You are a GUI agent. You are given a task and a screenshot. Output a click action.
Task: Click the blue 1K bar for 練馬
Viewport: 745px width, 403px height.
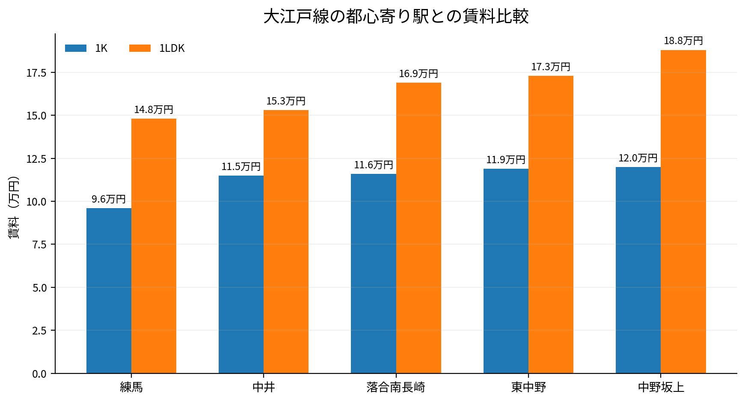pos(109,291)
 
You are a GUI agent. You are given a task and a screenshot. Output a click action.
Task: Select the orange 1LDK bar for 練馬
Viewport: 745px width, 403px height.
pos(154,246)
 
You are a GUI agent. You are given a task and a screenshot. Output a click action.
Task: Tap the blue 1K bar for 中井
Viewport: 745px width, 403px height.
pos(241,275)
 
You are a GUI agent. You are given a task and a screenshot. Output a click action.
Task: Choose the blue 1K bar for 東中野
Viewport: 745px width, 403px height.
pos(506,271)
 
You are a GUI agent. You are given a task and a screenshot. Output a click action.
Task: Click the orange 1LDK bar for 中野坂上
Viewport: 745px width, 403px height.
pos(683,212)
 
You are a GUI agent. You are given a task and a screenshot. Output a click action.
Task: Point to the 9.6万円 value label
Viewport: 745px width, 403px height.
pos(109,199)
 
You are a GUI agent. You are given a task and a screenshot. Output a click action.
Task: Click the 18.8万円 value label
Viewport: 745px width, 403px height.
pos(683,41)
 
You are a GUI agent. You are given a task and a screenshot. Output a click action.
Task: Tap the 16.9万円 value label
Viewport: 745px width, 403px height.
pos(419,74)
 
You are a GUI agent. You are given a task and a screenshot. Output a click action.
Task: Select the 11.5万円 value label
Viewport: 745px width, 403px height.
pos(241,167)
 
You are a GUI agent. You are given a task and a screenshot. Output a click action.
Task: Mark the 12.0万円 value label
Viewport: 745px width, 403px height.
pos(638,158)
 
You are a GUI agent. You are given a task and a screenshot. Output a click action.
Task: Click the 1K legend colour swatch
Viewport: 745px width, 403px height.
pos(76,48)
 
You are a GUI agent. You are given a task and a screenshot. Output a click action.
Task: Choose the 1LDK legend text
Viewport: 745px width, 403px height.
pos(172,48)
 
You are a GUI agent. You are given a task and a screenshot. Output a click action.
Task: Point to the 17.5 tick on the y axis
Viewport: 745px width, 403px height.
pos(36,73)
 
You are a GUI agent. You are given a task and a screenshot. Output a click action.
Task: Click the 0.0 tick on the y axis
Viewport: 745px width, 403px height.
pos(39,374)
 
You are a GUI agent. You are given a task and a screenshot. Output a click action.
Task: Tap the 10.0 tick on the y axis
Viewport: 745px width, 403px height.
pos(36,202)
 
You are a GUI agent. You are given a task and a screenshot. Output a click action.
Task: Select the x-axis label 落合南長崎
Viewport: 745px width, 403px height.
pos(396,388)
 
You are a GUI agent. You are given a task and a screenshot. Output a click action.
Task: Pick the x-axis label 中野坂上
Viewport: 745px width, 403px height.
pos(661,388)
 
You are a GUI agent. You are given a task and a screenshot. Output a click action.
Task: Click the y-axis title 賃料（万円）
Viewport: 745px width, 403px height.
pos(14,207)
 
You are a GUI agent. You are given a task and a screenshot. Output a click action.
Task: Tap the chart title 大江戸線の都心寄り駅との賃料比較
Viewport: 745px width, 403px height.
pos(396,17)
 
